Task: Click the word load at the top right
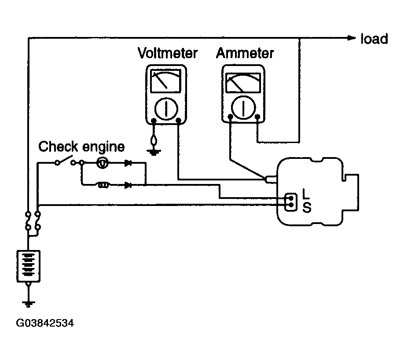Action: pos(374,39)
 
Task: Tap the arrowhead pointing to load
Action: pos(352,38)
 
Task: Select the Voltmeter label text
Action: pos(168,53)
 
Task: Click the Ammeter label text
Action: pos(245,53)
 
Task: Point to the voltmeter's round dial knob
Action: pos(166,109)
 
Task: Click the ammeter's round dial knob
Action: pos(243,108)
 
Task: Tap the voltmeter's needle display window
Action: pos(165,81)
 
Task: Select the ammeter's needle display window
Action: pos(243,82)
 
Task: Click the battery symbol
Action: pos(28,266)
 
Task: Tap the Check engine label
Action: pos(81,147)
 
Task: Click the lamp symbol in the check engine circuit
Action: pos(102,163)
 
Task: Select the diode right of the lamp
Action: pos(128,163)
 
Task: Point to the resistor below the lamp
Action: pos(103,185)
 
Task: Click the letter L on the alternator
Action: pos(306,193)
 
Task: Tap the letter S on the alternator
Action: pos(307,207)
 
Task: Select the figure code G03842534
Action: pos(45,323)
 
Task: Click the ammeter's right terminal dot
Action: pos(257,117)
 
